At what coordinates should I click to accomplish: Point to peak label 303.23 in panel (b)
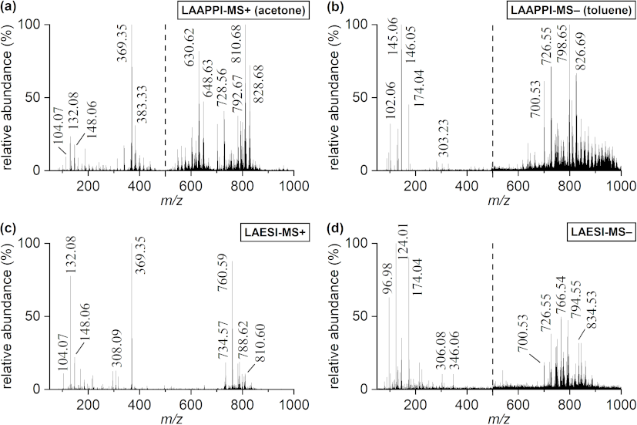click(444, 138)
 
